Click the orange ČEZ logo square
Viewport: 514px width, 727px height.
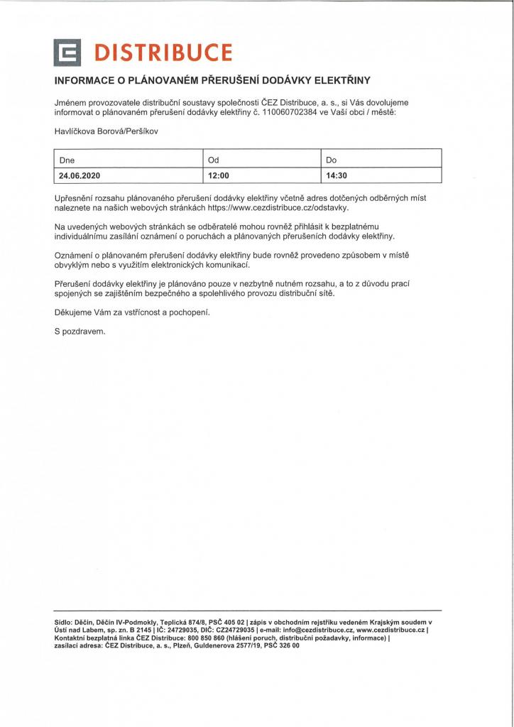(70, 53)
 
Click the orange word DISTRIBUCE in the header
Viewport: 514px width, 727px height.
(163, 53)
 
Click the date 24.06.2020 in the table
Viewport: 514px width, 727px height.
(80, 175)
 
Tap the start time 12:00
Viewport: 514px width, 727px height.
(218, 175)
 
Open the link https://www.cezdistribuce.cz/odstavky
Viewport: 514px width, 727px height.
(278, 208)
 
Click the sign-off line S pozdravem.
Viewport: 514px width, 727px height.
(80, 331)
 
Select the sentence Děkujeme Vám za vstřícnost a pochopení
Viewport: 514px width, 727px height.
(133, 312)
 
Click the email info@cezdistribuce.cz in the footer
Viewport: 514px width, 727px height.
(317, 630)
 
